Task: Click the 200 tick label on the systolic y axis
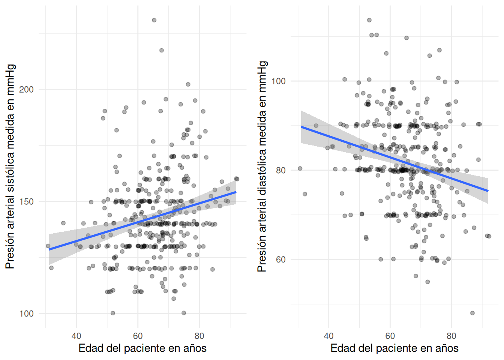26,90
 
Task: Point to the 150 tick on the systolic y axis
26,202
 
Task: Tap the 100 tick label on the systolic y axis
26,314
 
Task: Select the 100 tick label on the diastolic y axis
278,81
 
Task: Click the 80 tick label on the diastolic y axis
280,170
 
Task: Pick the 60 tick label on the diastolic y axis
280,259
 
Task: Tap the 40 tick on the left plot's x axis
76,336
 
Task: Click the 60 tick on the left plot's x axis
138,336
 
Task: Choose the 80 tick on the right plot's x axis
451,336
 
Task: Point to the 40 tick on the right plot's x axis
328,336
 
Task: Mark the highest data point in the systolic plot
154,20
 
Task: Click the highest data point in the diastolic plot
369,20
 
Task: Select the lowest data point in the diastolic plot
472,313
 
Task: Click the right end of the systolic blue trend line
236,192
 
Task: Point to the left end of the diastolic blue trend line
301,127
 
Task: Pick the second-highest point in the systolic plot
162,50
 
